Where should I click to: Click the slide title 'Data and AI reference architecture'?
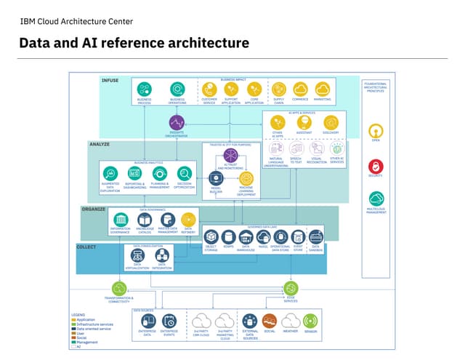tap(134, 44)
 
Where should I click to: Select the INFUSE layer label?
tap(110, 80)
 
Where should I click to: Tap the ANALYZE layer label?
tap(100, 144)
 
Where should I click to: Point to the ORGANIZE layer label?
tap(93, 209)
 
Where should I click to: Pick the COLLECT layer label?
tap(86, 247)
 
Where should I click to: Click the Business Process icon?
tap(144, 89)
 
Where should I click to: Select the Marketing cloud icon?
tap(322, 89)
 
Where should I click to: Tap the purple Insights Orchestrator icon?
tap(177, 123)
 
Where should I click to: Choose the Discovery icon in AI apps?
tap(331, 122)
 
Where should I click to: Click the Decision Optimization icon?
tap(185, 173)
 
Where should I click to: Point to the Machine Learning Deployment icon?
tap(246, 177)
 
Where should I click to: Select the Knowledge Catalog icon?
tap(145, 219)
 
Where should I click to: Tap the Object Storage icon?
tap(211, 236)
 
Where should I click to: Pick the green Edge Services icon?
tap(292, 288)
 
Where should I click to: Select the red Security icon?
tap(376, 167)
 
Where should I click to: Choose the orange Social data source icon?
tap(270, 320)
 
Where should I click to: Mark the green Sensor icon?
tap(310, 320)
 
